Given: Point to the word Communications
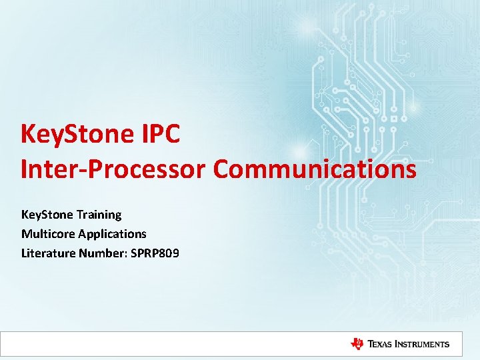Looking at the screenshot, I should [x=315, y=169].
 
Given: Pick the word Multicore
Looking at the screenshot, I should [x=48, y=234].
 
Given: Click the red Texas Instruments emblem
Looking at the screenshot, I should [x=357, y=344].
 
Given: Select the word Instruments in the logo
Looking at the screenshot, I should [x=424, y=344].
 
